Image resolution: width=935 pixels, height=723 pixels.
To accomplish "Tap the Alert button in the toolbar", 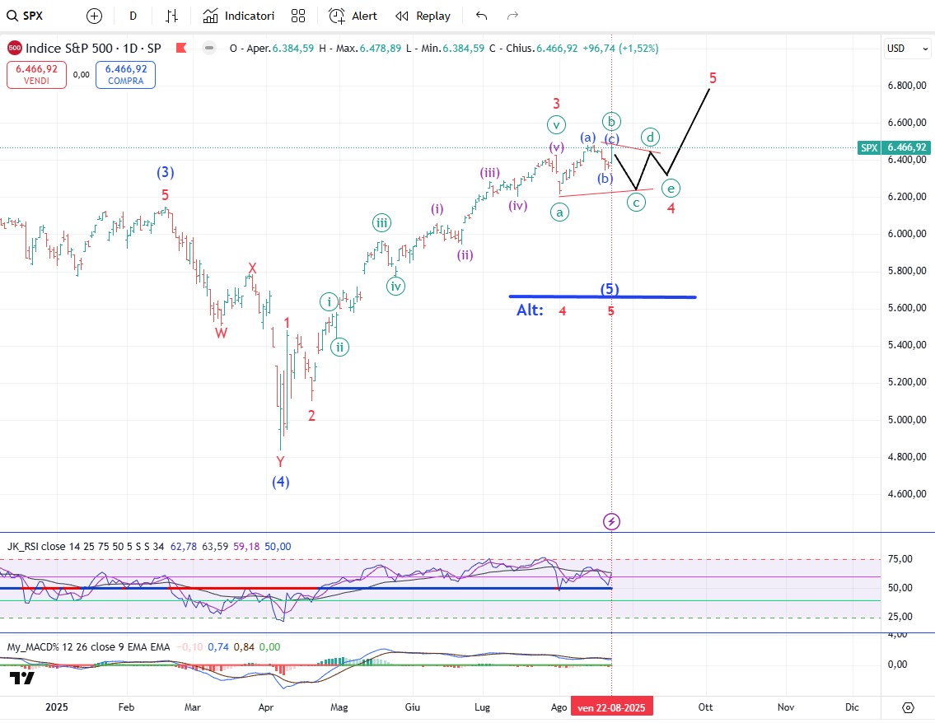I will (353, 16).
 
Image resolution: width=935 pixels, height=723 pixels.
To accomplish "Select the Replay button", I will (423, 16).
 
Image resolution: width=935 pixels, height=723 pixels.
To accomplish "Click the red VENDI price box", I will (36, 75).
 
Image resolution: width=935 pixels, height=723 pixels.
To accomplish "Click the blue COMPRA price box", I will (125, 75).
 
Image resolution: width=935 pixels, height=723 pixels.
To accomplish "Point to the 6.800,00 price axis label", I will (906, 86).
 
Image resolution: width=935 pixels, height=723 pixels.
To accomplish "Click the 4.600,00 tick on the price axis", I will (906, 494).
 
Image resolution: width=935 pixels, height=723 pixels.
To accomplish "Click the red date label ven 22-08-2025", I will (610, 707).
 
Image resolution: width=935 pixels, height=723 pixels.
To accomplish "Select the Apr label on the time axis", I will (266, 707).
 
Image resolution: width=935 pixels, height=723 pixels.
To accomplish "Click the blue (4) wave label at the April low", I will (281, 482).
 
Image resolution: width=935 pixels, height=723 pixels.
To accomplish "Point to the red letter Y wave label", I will (280, 462).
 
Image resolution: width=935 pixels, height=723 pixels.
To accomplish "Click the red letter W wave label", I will (222, 333).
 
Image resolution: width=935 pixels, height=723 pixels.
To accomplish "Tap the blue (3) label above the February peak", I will (166, 173).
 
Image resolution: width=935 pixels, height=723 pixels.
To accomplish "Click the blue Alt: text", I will (530, 310).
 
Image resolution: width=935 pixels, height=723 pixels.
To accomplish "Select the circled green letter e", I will (671, 189).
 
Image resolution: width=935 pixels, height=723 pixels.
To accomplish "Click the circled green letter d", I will (651, 136).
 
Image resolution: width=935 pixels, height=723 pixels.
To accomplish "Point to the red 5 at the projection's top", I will (713, 78).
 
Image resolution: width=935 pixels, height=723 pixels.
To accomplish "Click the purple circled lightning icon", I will (611, 521).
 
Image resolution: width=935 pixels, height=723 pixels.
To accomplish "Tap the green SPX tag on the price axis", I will (868, 147).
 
